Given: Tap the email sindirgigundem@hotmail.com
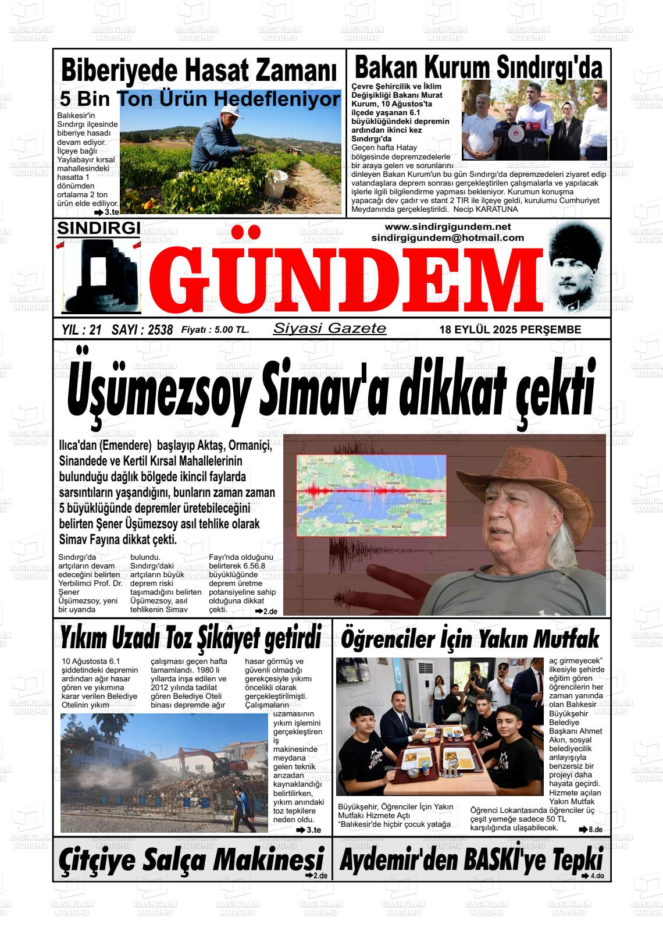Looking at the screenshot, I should [x=447, y=238].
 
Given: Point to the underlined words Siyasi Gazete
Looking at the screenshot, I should [x=329, y=328].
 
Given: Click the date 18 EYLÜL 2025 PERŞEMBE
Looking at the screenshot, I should [x=510, y=330].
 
